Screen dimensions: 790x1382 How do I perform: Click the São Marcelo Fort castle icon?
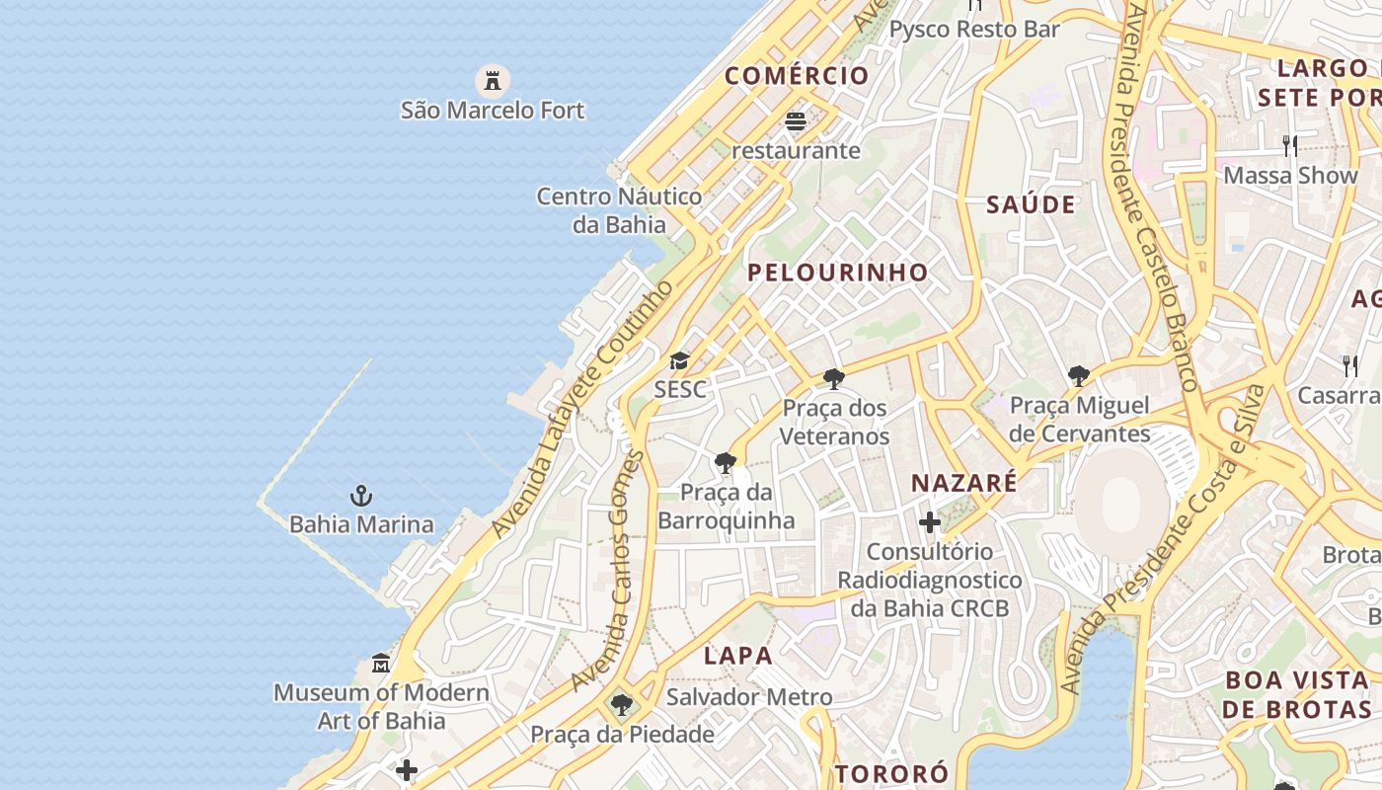click(492, 79)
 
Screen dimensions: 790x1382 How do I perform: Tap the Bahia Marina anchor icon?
click(361, 495)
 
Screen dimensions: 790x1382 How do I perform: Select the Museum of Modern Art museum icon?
click(381, 663)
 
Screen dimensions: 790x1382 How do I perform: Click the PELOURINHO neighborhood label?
click(838, 273)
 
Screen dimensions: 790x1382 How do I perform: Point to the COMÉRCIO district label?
click(797, 76)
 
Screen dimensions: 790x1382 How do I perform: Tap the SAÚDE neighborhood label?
click(1031, 204)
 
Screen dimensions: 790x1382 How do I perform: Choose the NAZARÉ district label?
click(963, 483)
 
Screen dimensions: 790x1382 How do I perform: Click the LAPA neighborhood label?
click(737, 655)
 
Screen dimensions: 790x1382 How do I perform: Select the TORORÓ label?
click(891, 772)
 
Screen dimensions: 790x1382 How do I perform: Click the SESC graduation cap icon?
click(679, 360)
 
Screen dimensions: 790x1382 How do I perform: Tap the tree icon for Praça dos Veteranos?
click(834, 378)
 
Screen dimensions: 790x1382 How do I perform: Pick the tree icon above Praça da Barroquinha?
click(726, 462)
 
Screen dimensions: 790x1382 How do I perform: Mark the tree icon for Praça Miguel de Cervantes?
click(1079, 375)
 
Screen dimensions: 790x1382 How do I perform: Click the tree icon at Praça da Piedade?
click(621, 705)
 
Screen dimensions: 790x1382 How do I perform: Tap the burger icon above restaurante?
click(796, 121)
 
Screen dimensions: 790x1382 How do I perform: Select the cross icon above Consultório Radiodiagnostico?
click(929, 522)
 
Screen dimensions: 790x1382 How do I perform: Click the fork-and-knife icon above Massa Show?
click(1290, 146)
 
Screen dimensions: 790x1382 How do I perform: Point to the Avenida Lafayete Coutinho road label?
click(583, 409)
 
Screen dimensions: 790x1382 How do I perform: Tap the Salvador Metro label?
click(749, 697)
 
